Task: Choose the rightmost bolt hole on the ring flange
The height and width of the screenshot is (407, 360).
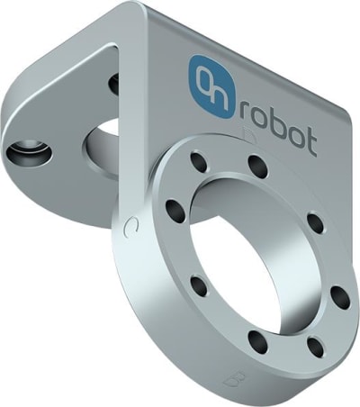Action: pos(340,296)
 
